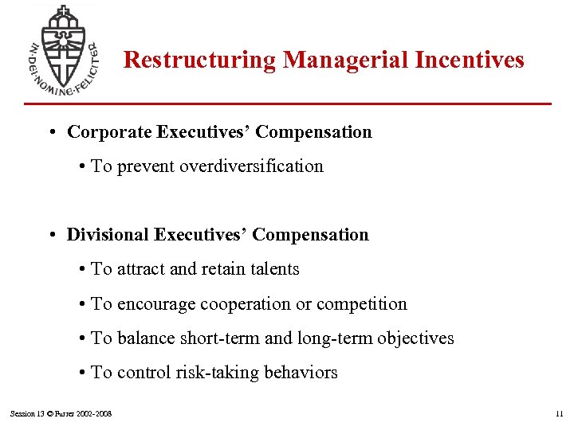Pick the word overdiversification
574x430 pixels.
(x=252, y=166)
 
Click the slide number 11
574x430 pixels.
(x=559, y=413)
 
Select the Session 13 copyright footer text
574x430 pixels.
(x=61, y=413)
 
